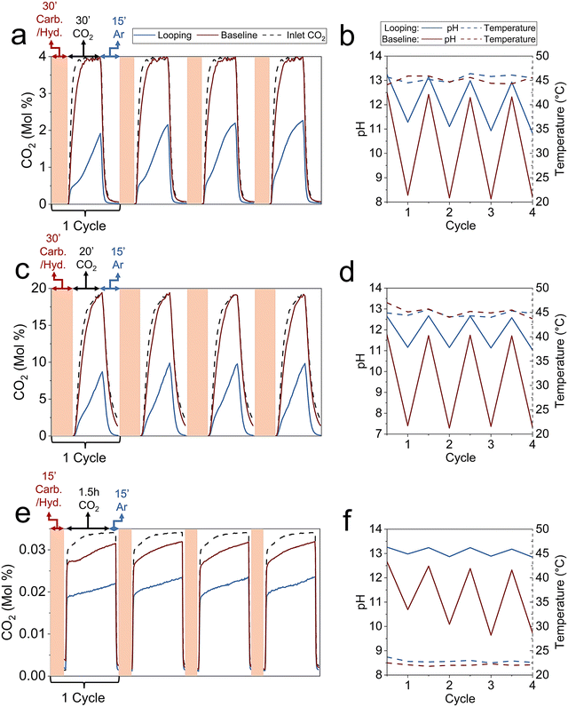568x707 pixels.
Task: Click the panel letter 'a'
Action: point(16,38)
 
